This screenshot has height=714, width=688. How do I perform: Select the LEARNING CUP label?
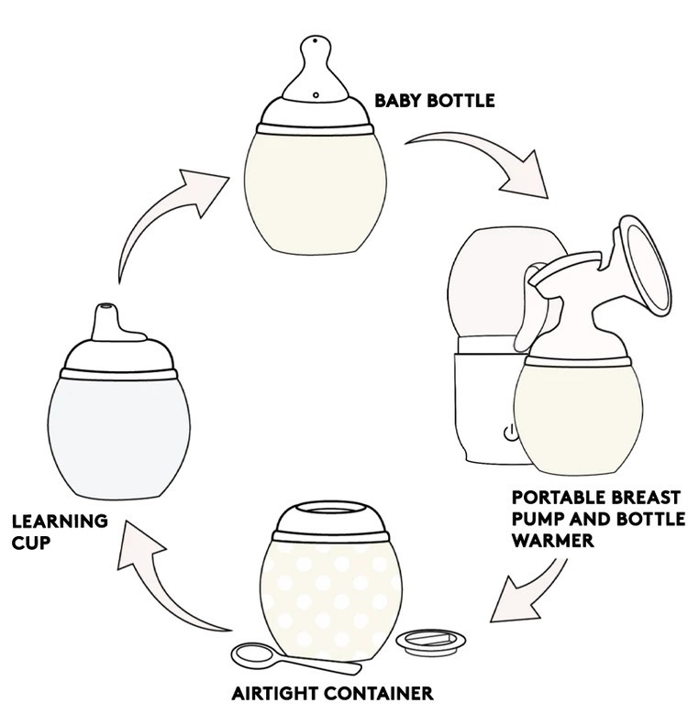[59, 531]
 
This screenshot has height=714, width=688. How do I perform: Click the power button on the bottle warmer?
[508, 434]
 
